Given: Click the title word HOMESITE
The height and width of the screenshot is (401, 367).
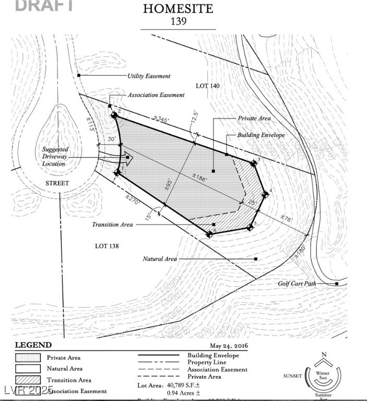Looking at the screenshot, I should coord(178,9).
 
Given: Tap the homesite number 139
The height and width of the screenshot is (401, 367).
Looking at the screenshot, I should coord(178,22).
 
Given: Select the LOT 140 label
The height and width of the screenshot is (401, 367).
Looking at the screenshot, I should coord(207,85).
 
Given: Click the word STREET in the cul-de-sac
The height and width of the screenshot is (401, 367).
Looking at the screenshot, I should coord(57,183).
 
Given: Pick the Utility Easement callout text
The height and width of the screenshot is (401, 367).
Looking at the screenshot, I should coord(149,76).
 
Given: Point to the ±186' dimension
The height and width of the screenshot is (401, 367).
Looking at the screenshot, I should coord(198,179).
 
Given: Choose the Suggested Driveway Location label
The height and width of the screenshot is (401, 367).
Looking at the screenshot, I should coord(55,156).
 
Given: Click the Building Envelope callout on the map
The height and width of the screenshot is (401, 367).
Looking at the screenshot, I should coord(261,135).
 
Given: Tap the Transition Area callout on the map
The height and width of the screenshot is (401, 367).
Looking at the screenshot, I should coord(112,225).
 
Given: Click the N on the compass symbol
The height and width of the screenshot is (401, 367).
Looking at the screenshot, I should coord(324,355).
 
